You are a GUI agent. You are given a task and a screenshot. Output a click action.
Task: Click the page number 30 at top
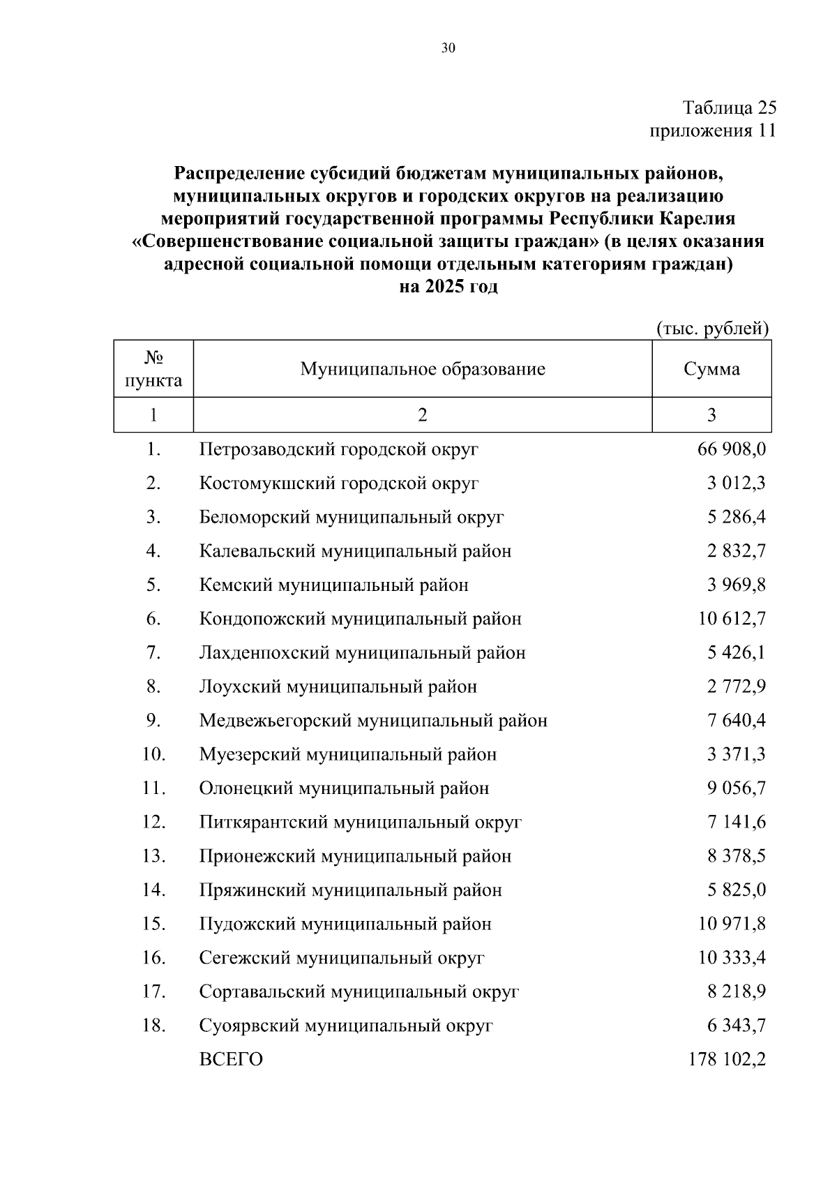click(x=448, y=47)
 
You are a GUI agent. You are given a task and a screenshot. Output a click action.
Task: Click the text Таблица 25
click(x=729, y=107)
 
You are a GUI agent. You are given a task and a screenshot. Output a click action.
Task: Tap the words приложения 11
click(x=712, y=130)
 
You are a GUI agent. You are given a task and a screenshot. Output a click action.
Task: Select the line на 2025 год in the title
click(x=448, y=287)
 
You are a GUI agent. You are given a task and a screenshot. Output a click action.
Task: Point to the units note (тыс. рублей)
click(x=712, y=329)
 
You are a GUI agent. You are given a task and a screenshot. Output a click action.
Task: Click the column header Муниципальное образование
click(x=423, y=368)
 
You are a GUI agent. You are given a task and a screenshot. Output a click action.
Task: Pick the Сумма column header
click(x=711, y=368)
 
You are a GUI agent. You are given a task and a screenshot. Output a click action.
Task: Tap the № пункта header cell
click(x=153, y=369)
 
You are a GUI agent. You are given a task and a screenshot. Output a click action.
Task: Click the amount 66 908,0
click(x=731, y=449)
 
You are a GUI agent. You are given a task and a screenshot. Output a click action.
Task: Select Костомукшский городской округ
click(x=339, y=483)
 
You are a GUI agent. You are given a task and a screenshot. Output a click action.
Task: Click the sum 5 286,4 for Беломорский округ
click(x=736, y=517)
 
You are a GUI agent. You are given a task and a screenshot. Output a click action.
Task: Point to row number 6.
click(x=153, y=619)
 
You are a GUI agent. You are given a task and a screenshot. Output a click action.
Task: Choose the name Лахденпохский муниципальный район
click(x=362, y=653)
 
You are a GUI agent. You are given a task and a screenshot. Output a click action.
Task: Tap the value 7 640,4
click(x=736, y=721)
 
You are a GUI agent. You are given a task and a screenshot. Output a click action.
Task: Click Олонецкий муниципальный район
click(x=344, y=788)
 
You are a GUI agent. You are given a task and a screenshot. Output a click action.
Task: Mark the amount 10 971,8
click(x=732, y=924)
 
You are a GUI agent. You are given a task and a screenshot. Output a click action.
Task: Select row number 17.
click(x=153, y=991)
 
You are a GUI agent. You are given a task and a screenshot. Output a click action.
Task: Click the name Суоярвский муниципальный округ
click(x=346, y=1026)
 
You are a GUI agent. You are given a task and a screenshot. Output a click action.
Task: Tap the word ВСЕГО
click(x=231, y=1060)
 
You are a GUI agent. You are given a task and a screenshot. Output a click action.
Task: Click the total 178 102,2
click(x=727, y=1060)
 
